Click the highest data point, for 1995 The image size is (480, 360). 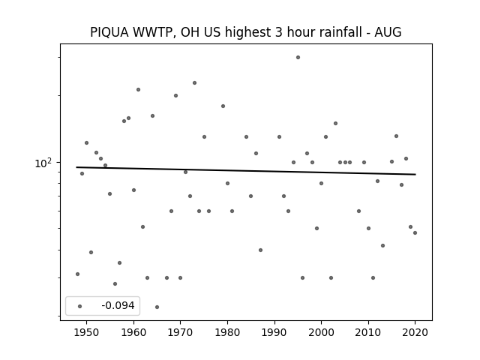click(x=298, y=57)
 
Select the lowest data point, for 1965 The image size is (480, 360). click(x=157, y=307)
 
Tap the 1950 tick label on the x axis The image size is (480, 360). click(x=87, y=332)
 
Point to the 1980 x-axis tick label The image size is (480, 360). click(x=227, y=332)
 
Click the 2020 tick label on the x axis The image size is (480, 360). click(x=415, y=332)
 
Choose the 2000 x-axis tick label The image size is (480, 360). click(x=321, y=332)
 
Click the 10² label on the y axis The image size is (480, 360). click(x=43, y=163)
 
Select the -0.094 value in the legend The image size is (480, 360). click(x=118, y=305)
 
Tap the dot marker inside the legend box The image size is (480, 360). click(x=80, y=306)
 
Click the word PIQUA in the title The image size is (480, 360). click(x=109, y=32)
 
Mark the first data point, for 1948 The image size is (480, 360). click(x=77, y=274)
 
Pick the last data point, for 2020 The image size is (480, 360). click(x=415, y=233)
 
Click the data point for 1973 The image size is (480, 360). click(x=194, y=83)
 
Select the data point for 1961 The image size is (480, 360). click(x=138, y=90)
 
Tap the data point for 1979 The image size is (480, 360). click(x=223, y=106)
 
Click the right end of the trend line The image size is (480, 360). click(x=415, y=175)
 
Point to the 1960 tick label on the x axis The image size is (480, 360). click(x=133, y=332)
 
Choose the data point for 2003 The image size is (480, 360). click(x=335, y=123)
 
